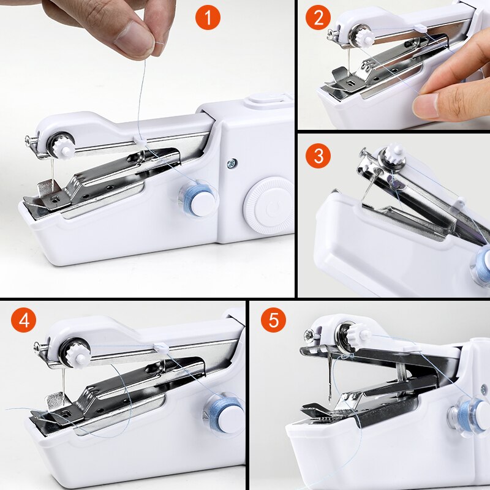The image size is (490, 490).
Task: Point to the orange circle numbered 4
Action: click(x=24, y=320)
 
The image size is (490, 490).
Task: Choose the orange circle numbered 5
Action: click(x=273, y=320)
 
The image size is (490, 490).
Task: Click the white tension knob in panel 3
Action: click(x=394, y=157)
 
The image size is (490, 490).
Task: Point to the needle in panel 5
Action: click(x=331, y=380)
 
